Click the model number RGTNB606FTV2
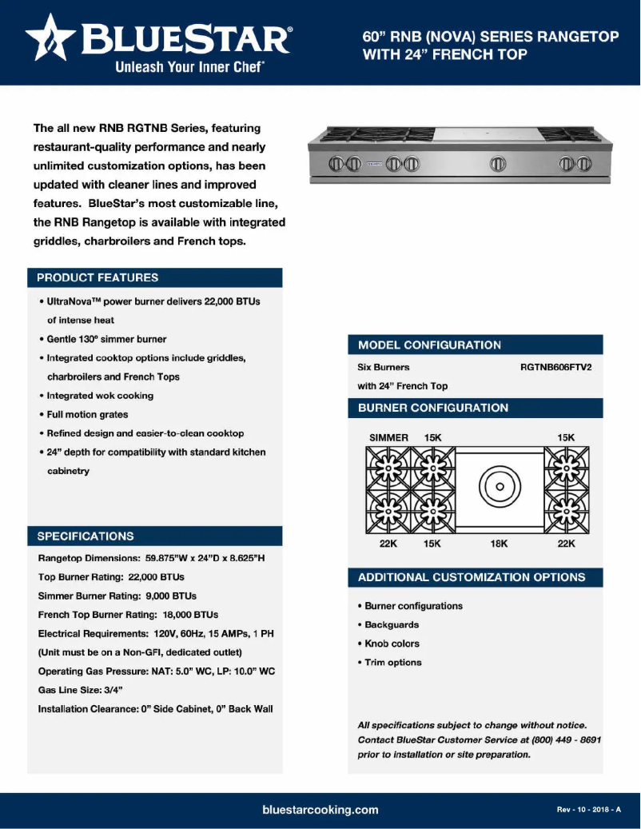561,368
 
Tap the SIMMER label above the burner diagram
388,438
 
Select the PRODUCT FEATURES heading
98,278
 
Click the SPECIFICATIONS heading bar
154,536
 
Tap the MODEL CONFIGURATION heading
429,345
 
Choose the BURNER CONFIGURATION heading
432,408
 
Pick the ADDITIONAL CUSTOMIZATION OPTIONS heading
472,577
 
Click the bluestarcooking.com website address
320,810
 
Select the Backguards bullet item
388,625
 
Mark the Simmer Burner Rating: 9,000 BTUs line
117,596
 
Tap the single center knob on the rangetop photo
498,165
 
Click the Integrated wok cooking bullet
97,396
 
